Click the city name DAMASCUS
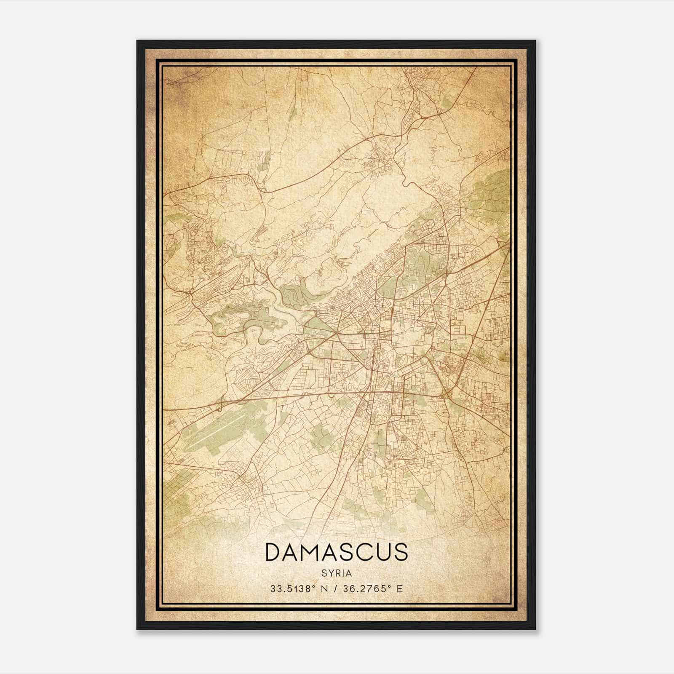point(337,552)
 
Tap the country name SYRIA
point(337,573)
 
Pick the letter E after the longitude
point(400,588)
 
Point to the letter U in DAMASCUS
point(381,552)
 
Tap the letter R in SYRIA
point(337,573)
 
